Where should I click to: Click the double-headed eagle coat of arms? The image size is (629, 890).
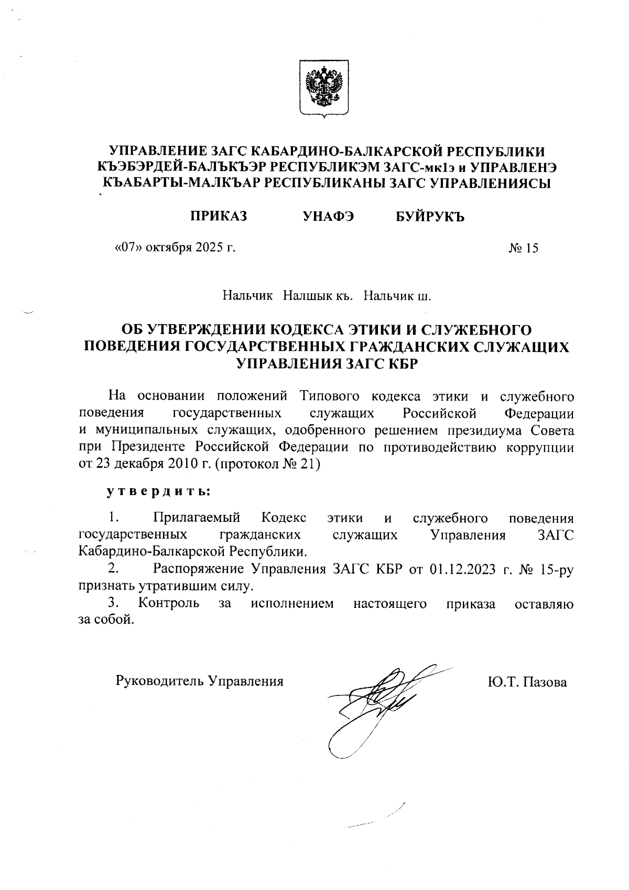(324, 88)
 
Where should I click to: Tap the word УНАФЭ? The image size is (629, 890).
(329, 217)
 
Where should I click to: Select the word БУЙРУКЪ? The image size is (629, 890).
(430, 217)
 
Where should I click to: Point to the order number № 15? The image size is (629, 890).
(523, 248)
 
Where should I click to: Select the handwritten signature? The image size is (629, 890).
(377, 703)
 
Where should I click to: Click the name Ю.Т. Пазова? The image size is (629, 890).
(527, 682)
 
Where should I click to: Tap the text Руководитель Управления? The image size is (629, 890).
(199, 681)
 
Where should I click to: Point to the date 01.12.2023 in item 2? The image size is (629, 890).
(463, 570)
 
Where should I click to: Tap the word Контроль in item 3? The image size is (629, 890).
(169, 603)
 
